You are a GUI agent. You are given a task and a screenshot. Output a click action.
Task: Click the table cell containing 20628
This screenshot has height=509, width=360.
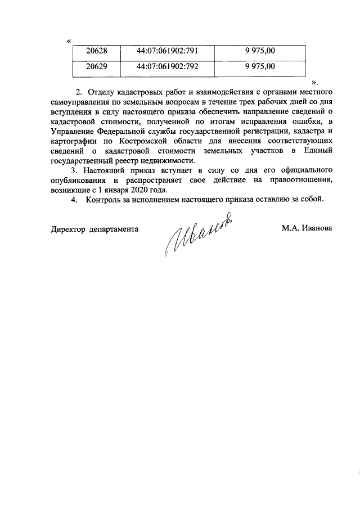(x=96, y=52)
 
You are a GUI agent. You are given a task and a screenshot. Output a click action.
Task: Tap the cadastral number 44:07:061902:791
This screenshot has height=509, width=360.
(x=168, y=52)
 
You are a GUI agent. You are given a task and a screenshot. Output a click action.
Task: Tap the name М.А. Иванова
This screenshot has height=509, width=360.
(x=307, y=229)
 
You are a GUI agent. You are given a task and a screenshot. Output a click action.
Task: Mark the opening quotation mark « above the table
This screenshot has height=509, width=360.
(x=69, y=41)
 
